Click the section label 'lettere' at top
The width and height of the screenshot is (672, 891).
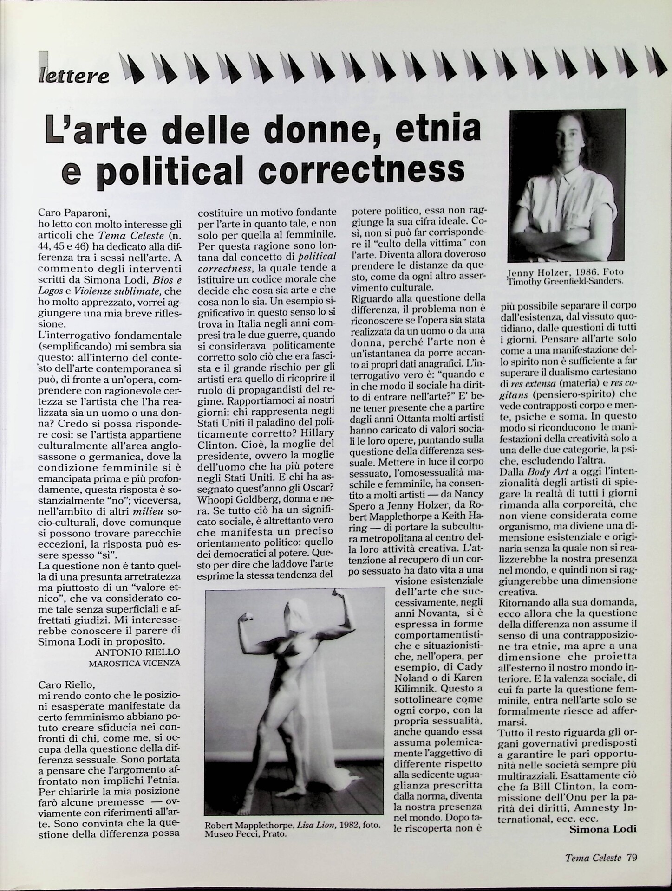pyautogui.click(x=74, y=75)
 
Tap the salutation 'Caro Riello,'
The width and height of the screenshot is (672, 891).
pyautogui.click(x=67, y=684)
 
